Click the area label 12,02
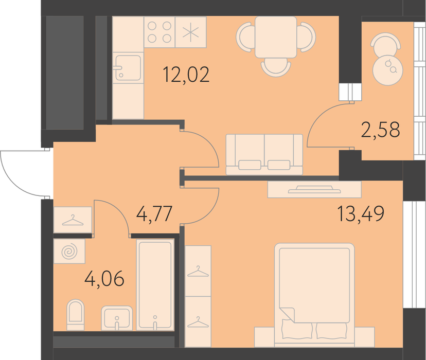(x=186, y=75)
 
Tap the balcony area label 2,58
(x=380, y=130)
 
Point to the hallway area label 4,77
(x=154, y=213)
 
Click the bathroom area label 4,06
(x=104, y=278)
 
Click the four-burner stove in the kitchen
(x=159, y=32)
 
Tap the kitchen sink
(x=128, y=67)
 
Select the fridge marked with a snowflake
(x=191, y=32)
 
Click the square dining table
(x=276, y=37)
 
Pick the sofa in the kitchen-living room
(x=264, y=154)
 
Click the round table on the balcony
(x=388, y=70)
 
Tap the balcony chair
(x=385, y=43)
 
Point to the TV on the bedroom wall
(x=314, y=189)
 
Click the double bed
(x=314, y=295)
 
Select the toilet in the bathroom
(x=75, y=315)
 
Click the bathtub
(x=155, y=285)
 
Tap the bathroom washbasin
(x=117, y=318)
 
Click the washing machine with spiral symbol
(x=69, y=251)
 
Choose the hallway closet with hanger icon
(x=73, y=220)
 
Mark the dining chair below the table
(x=276, y=67)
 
